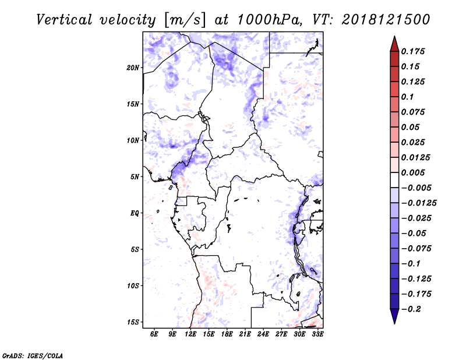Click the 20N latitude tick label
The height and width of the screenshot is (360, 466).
[133, 68]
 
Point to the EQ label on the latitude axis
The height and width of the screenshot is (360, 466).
[135, 213]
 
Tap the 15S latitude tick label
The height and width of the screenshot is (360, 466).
[133, 322]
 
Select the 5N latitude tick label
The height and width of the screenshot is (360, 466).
[135, 177]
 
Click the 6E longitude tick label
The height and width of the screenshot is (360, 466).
[154, 334]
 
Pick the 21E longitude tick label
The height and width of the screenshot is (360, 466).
[245, 334]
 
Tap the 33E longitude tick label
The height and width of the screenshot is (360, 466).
[317, 334]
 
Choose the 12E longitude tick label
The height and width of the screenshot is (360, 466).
[190, 334]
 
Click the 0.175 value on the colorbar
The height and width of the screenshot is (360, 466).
[413, 51]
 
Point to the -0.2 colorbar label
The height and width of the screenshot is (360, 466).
[411, 309]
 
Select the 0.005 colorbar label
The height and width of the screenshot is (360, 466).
[413, 172]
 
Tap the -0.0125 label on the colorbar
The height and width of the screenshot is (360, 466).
[419, 203]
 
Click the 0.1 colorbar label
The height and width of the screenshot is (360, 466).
[407, 97]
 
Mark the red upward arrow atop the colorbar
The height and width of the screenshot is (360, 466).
[394, 44]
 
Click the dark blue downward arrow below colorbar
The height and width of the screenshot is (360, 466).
[394, 316]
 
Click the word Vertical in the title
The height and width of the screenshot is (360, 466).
[64, 20]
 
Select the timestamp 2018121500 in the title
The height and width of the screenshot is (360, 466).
[386, 20]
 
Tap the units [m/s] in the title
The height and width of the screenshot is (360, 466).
[185, 20]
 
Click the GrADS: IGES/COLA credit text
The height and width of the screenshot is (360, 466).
[33, 355]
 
